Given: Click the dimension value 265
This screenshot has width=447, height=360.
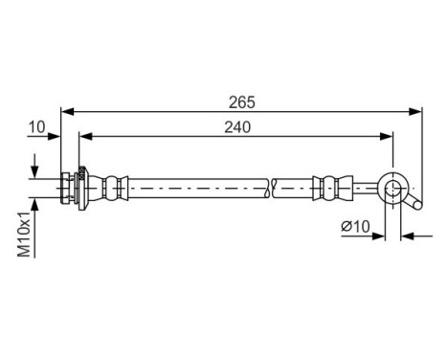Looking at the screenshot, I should click(x=242, y=99).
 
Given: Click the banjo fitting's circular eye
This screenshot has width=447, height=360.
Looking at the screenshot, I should click(x=393, y=187).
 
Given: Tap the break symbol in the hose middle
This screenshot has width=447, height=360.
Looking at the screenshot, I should click(x=274, y=187).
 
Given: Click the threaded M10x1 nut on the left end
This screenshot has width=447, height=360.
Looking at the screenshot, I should click(x=70, y=187).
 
